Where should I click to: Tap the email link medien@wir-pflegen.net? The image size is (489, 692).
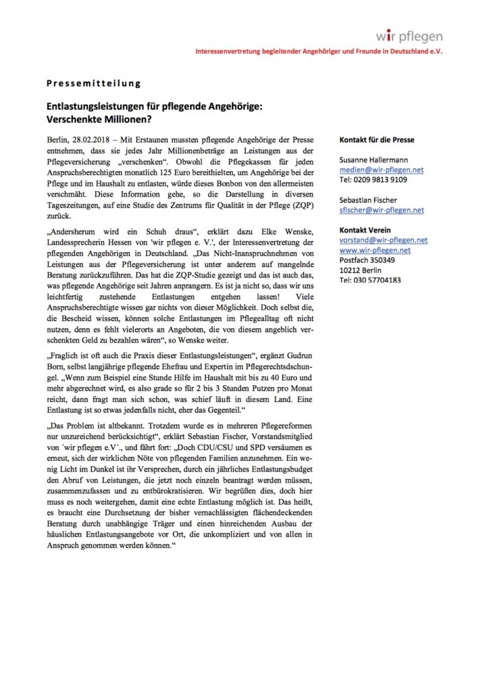tap(381, 170)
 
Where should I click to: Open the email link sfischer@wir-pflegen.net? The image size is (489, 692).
tap(382, 210)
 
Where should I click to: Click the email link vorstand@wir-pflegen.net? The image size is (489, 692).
tap(383, 240)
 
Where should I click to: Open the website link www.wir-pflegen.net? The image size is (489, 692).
tap(375, 250)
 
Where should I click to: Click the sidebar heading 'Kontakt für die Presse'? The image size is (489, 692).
tap(377, 140)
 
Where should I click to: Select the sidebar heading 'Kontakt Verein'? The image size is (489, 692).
tap(365, 230)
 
